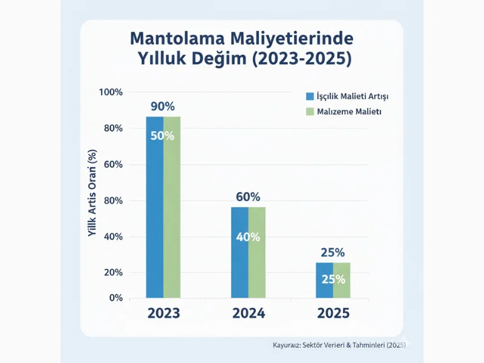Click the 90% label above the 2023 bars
pos(163,106)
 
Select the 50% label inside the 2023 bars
pos(162,136)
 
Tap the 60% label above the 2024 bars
pos(248,197)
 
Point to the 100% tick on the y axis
pos(111,92)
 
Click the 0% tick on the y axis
pos(116,298)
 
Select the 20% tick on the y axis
pos(113,273)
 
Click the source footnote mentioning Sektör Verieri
pos(336,345)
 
